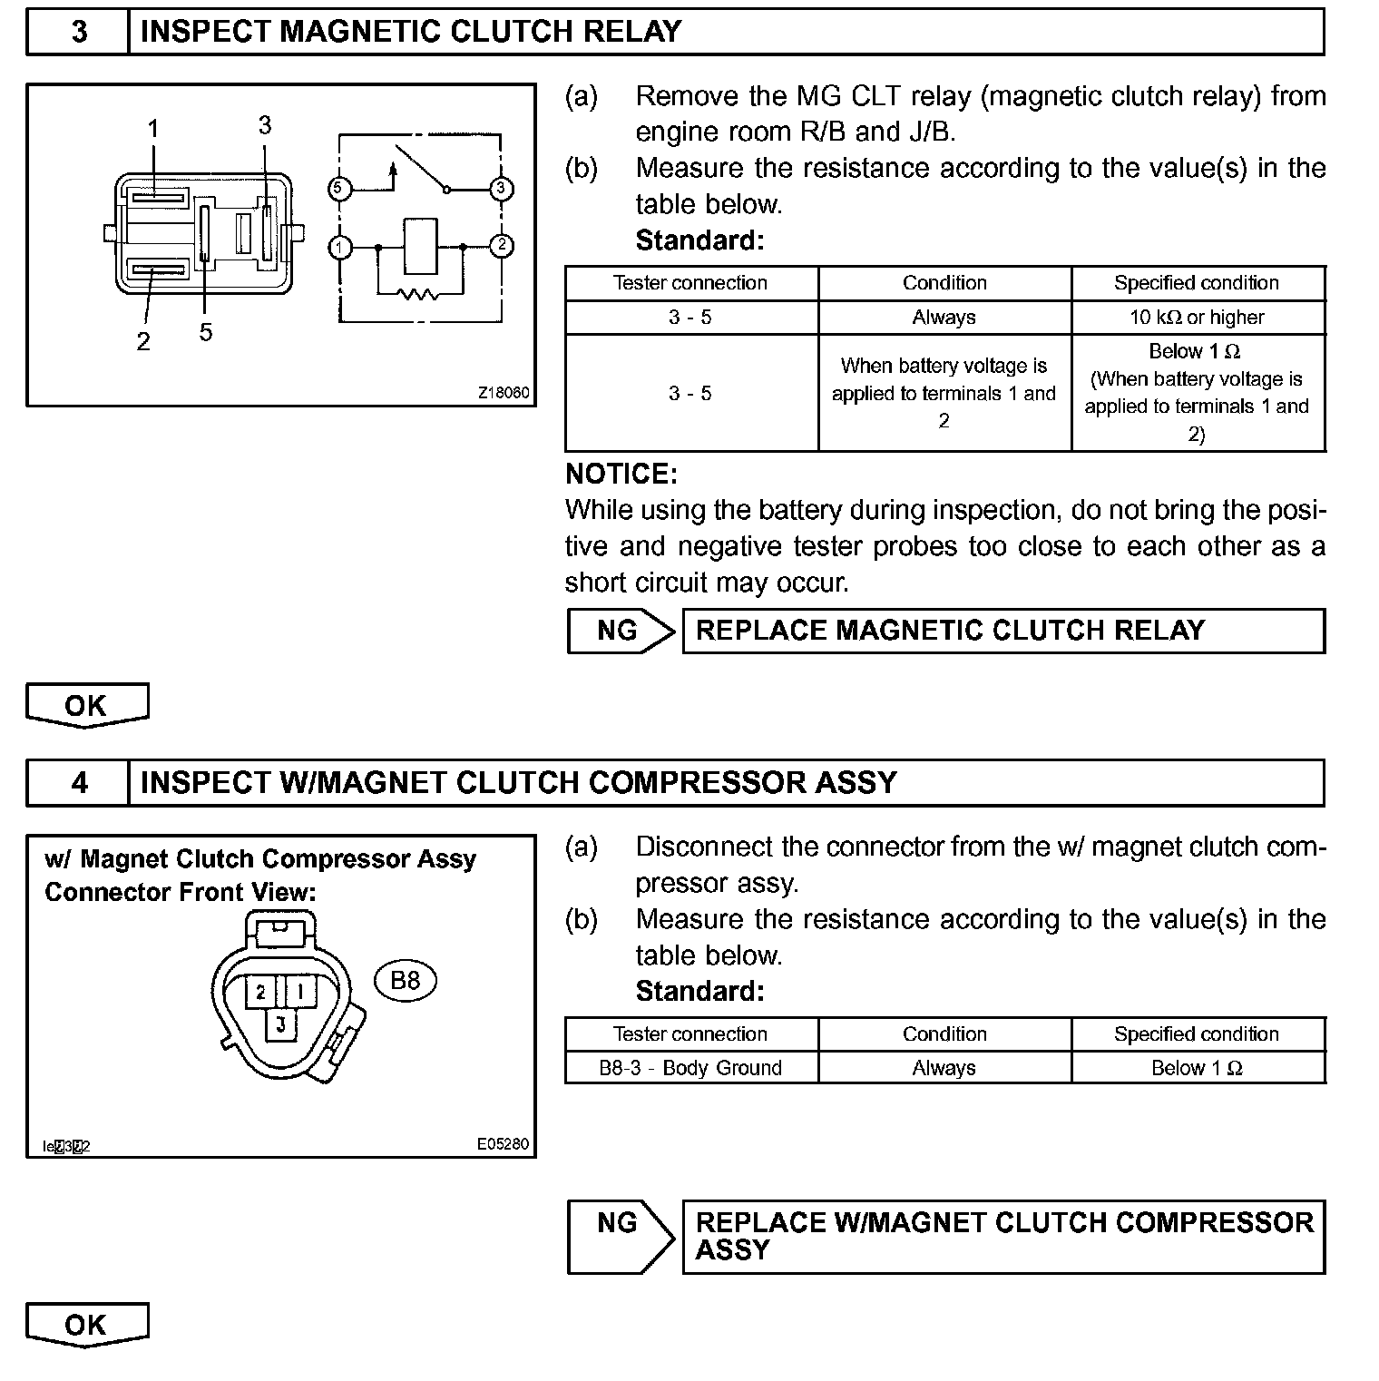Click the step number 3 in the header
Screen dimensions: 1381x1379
[79, 32]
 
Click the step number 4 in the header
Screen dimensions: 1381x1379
[79, 783]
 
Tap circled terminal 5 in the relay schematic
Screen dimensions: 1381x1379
[338, 189]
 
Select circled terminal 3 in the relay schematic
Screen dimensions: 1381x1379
[501, 189]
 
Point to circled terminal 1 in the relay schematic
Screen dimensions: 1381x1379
[339, 247]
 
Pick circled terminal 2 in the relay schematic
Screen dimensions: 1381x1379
[501, 246]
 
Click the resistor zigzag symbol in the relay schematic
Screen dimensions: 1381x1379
[418, 293]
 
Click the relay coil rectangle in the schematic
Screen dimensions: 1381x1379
[420, 246]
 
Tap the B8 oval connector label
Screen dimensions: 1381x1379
[405, 980]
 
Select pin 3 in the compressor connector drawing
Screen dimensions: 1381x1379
[280, 1024]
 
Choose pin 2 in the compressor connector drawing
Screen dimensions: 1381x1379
[260, 991]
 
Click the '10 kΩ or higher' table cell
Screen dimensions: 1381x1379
[1197, 318]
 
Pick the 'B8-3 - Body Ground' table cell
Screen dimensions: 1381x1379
[690, 1068]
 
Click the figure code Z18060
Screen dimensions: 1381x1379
[504, 393]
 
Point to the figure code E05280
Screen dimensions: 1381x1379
[503, 1144]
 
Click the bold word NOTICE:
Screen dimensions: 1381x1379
[621, 474]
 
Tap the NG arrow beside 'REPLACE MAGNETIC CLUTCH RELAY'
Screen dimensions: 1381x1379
[621, 631]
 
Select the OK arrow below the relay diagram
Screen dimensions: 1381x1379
[86, 705]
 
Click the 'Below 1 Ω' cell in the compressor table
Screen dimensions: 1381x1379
[1197, 1068]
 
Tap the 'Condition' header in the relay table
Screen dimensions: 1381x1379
[944, 283]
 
